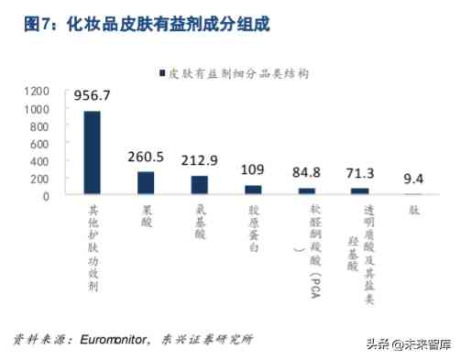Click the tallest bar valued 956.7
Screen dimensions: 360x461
pyautogui.click(x=93, y=153)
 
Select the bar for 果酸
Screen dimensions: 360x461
pyautogui.click(x=146, y=183)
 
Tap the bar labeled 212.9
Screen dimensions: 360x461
pyautogui.click(x=199, y=185)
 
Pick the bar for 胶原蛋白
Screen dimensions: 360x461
pyautogui.click(x=253, y=190)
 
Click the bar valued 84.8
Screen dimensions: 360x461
pyautogui.click(x=306, y=191)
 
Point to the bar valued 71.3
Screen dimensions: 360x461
pyautogui.click(x=360, y=191)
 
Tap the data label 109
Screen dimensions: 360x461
pyautogui.click(x=253, y=169)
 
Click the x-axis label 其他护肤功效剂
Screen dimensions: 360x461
pyautogui.click(x=93, y=245)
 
